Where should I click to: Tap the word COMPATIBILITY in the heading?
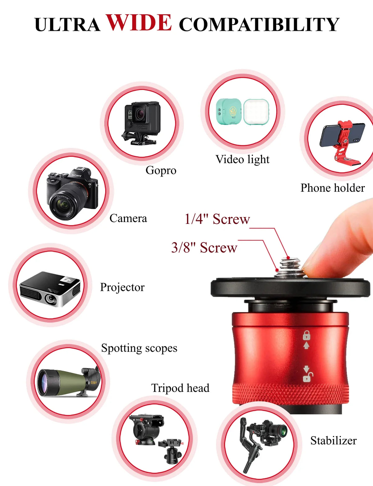coord(259,24)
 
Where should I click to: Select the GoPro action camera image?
coord(141,123)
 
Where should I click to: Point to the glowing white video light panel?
coord(256,112)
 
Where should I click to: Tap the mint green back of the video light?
coord(229,111)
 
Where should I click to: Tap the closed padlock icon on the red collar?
coord(306,335)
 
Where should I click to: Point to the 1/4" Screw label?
coord(217,219)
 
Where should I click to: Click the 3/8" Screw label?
coord(204,248)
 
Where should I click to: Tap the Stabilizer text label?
coord(334,441)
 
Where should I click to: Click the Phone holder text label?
coord(333,188)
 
